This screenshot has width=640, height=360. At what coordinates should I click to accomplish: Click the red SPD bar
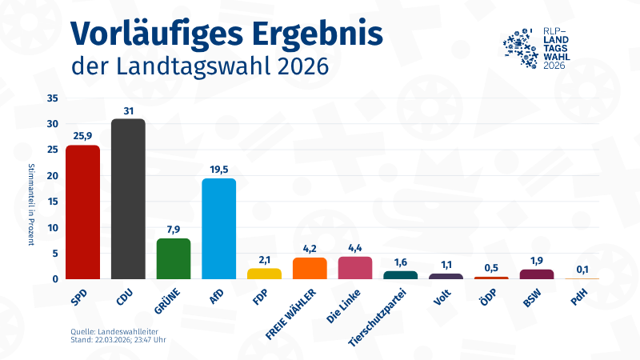[82, 212]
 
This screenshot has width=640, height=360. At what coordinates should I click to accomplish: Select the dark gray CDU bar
[128, 199]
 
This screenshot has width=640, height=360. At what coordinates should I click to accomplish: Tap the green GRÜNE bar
[173, 258]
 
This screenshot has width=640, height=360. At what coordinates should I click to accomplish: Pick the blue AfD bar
[218, 229]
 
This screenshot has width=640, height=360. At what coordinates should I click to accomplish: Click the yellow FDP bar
[264, 274]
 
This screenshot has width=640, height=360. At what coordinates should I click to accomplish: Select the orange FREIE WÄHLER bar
[310, 268]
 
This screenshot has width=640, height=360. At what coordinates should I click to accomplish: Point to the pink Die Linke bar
[355, 268]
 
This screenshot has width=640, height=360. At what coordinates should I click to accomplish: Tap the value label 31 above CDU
[128, 110]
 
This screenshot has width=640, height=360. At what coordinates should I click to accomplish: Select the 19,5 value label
[218, 169]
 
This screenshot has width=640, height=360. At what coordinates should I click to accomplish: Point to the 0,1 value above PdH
[582, 269]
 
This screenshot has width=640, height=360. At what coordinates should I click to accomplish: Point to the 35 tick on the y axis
[53, 98]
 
